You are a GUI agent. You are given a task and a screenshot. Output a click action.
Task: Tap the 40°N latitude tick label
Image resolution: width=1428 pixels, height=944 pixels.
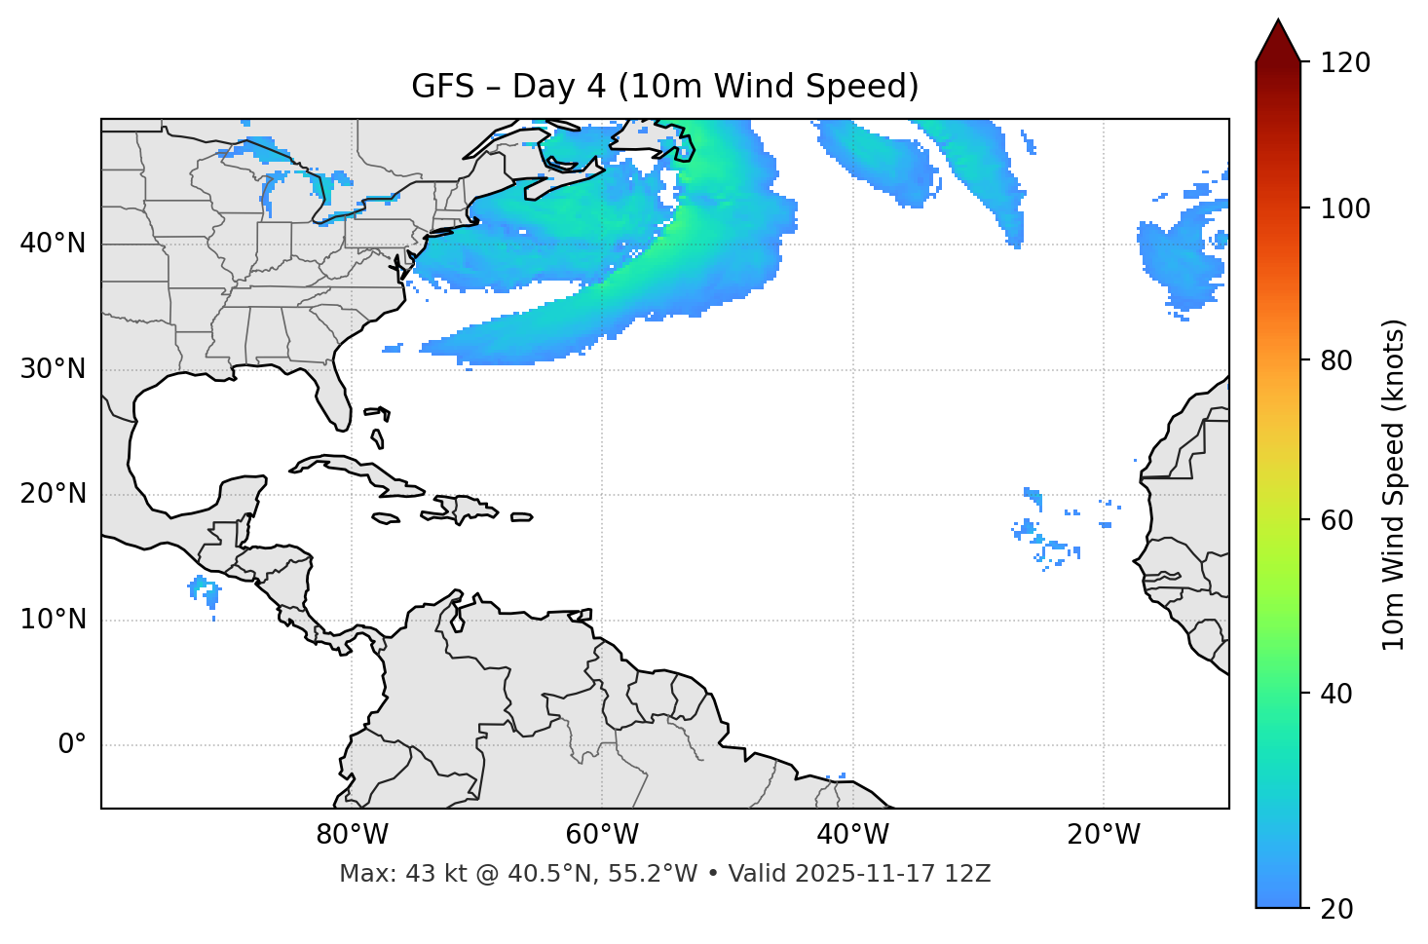click(x=53, y=244)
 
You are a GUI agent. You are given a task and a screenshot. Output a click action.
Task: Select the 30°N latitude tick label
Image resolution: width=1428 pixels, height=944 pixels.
click(x=53, y=369)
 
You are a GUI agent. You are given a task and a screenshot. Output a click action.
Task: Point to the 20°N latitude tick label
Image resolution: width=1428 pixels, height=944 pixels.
click(x=53, y=494)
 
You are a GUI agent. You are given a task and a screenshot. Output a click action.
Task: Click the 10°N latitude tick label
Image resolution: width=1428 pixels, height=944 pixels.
click(x=53, y=620)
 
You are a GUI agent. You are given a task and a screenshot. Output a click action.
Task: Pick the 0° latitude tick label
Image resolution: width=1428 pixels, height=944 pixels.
click(x=72, y=745)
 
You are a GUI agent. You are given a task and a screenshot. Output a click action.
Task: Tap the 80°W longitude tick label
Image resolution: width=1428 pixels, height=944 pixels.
click(x=352, y=835)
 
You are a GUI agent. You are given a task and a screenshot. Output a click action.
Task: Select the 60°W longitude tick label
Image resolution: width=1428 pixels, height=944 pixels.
click(x=602, y=835)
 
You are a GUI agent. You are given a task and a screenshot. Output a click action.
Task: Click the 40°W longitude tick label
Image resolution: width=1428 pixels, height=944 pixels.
click(x=852, y=835)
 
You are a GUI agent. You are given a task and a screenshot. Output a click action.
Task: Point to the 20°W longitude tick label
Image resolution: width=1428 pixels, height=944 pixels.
click(x=1103, y=835)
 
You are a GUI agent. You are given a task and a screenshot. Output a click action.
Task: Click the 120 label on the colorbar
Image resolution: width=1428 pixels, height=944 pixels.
click(x=1345, y=63)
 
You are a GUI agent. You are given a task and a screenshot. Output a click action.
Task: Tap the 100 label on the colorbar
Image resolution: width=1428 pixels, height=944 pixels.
click(x=1345, y=208)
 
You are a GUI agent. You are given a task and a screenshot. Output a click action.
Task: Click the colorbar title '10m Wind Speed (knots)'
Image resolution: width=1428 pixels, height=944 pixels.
click(x=1394, y=484)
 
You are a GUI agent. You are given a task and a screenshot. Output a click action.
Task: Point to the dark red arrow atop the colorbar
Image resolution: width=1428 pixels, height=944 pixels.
click(x=1278, y=42)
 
